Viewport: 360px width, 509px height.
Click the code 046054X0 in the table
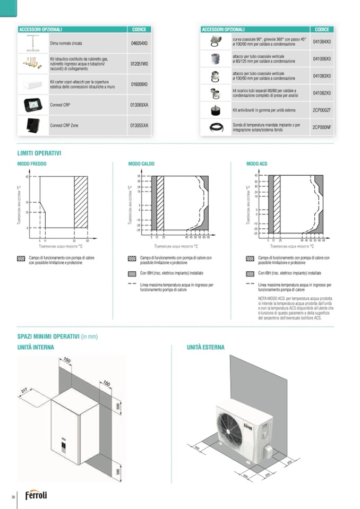click(x=139, y=42)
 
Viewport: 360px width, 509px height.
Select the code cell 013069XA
click(x=139, y=105)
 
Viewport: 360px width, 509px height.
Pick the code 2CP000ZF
click(x=322, y=110)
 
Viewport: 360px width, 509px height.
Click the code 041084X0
click(x=322, y=41)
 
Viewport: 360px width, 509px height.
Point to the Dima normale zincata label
click(x=66, y=42)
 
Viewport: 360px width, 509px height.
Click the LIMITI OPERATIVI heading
click(x=39, y=153)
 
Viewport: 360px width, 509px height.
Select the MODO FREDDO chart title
click(x=32, y=164)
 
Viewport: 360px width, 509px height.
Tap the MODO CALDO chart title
click(x=141, y=164)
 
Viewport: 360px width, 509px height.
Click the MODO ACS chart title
click(x=257, y=164)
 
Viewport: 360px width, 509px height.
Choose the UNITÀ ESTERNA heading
click(x=205, y=348)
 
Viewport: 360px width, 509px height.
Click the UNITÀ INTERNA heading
click(x=36, y=348)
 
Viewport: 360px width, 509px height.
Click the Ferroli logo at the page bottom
click(x=36, y=495)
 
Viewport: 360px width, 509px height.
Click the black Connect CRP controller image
click(x=33, y=105)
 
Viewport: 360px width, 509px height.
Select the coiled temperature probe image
click(x=216, y=127)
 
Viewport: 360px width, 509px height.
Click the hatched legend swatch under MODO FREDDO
click(x=21, y=258)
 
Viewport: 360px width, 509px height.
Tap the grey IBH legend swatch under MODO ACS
click(x=250, y=274)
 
